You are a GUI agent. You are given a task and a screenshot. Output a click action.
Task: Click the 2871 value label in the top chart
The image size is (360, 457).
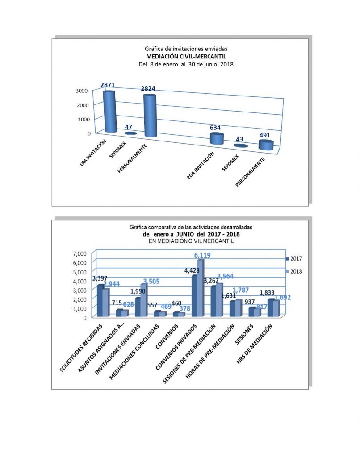(109, 85)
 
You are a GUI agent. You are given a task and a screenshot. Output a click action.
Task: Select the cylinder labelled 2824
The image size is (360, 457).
(150, 115)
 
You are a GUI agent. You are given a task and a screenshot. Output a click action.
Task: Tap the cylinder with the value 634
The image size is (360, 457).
(217, 138)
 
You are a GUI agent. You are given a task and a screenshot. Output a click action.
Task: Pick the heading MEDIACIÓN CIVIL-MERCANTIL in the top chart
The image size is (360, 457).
(186, 56)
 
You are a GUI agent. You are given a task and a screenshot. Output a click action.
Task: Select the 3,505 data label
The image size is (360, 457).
(147, 281)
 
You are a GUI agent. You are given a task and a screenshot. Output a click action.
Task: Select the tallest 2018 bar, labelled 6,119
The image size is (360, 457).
(201, 288)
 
